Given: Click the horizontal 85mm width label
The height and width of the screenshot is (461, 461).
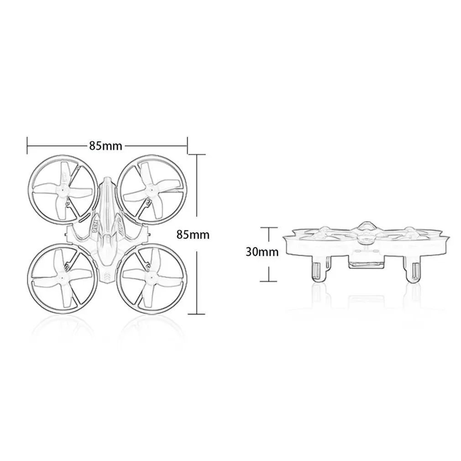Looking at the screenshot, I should click(105, 146).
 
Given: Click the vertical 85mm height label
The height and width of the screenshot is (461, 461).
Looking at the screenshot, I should click(193, 235).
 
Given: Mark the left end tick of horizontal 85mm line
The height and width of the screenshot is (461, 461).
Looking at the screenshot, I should click(27, 146).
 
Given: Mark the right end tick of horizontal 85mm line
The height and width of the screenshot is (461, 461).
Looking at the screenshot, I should click(187, 146).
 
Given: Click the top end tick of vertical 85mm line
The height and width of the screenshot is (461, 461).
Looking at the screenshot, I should click(196, 155).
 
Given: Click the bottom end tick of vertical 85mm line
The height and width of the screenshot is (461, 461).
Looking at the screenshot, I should click(196, 314).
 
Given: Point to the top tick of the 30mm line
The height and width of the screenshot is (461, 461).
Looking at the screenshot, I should click(269, 227).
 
